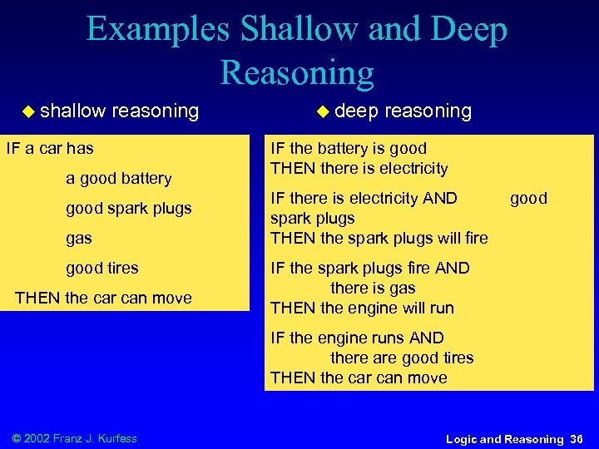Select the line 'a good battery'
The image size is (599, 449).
[x=119, y=178]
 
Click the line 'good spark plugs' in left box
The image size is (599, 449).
[x=129, y=208]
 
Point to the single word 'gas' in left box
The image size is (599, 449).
[x=79, y=238]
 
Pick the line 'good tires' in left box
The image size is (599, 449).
[x=102, y=268]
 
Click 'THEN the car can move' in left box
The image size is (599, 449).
[x=103, y=298]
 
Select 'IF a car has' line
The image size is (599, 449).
[x=50, y=148]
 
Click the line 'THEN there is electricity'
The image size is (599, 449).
[x=359, y=168]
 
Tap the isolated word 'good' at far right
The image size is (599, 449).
[x=528, y=198]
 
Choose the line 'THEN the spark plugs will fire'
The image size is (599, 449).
[x=379, y=238]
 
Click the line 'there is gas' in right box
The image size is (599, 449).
[x=373, y=288]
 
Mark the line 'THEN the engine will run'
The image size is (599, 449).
[x=362, y=308]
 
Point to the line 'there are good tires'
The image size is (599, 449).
[x=402, y=358]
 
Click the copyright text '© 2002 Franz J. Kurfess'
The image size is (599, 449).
[x=75, y=438]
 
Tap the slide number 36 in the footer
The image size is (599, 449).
[x=577, y=438]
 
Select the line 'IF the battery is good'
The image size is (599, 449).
[x=348, y=148]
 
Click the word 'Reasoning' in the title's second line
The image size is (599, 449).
[x=297, y=73]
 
